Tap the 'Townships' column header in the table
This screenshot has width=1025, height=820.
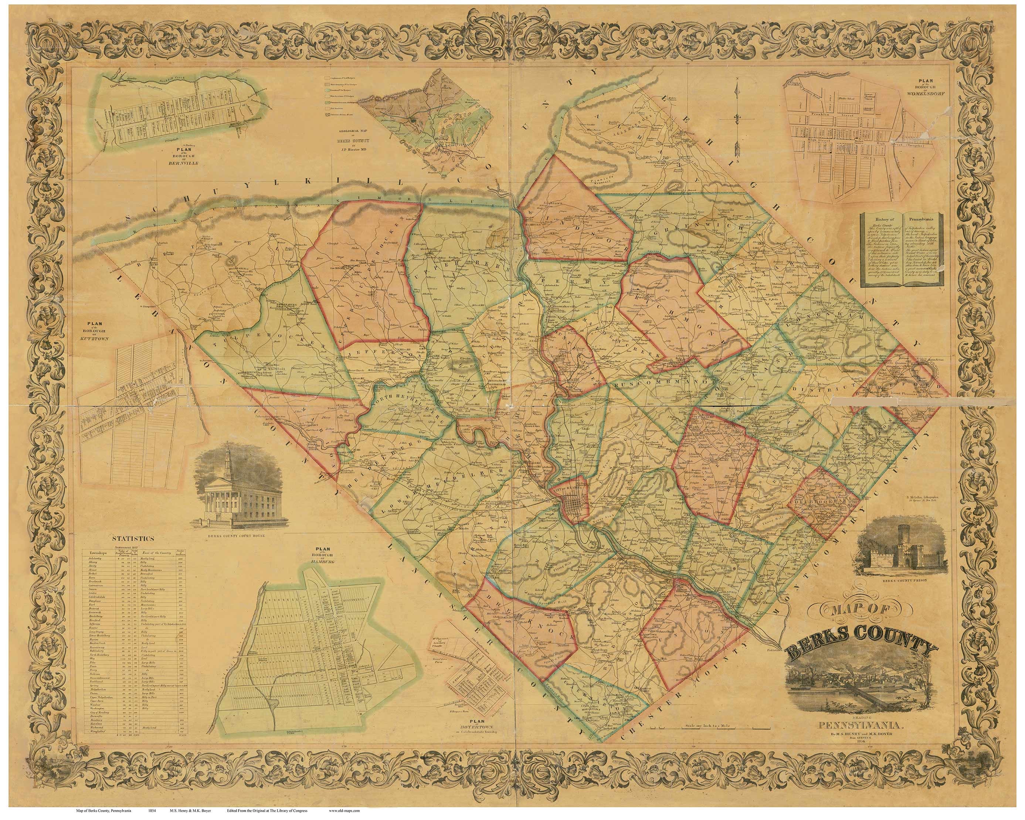(x=95, y=554)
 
